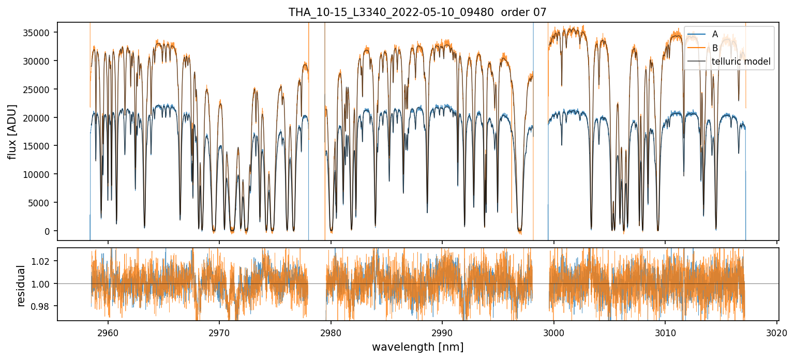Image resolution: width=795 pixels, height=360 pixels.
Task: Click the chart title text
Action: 417,12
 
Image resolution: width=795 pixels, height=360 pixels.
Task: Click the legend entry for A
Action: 715,34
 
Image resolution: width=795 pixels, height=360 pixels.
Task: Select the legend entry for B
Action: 715,48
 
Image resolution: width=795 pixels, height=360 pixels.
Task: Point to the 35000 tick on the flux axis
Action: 40,33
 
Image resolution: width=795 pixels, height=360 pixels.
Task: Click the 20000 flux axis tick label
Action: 40,118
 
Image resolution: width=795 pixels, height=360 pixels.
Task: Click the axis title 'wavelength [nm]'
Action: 417,347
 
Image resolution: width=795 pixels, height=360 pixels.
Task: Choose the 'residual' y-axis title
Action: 21,286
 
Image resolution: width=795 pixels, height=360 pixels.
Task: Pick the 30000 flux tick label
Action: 40,61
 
